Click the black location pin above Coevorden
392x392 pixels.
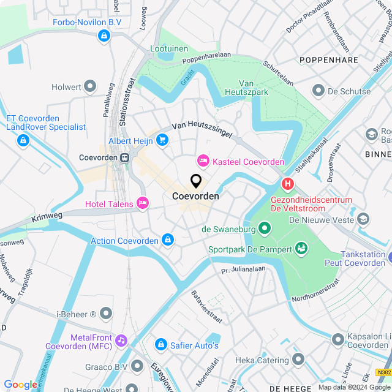click(196, 181)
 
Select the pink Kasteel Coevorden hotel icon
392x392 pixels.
click(202, 161)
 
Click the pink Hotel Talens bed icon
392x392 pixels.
click(143, 203)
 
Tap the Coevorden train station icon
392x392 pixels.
click(126, 157)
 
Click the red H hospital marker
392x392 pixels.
click(287, 183)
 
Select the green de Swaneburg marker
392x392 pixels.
click(265, 229)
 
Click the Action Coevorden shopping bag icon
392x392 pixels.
click(167, 240)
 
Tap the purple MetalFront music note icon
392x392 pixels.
click(121, 341)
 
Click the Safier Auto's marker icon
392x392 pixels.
click(160, 345)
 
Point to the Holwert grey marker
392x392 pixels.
click(91, 86)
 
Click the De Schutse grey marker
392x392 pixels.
click(318, 91)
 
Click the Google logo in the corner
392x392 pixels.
click(20, 384)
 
